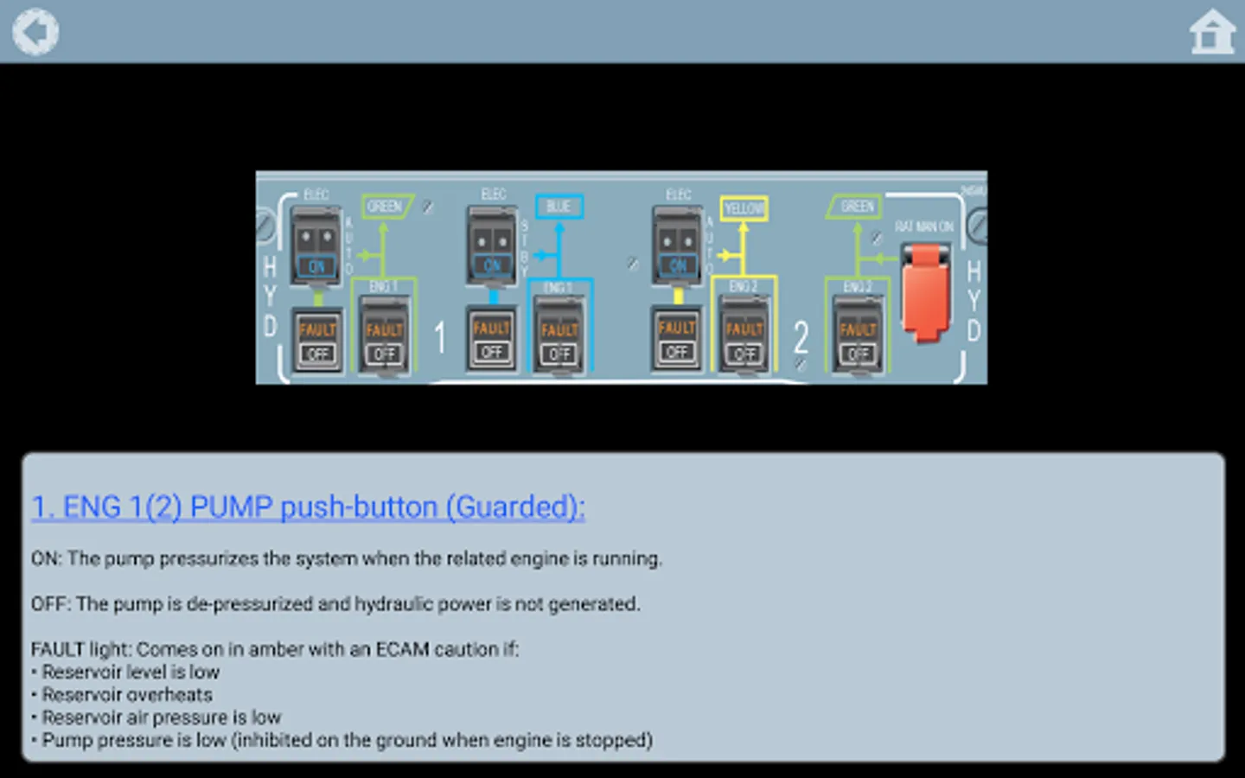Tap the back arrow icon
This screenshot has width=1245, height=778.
pyautogui.click(x=35, y=32)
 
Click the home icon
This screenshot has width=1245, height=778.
pyautogui.click(x=1212, y=33)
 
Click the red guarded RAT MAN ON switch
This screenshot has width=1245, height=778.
pyautogui.click(x=925, y=290)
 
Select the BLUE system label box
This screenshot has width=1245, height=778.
pyautogui.click(x=559, y=207)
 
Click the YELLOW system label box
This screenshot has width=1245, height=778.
pyautogui.click(x=744, y=208)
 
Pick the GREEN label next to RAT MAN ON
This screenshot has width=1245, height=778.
pyautogui.click(x=856, y=207)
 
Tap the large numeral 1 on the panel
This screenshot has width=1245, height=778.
pyautogui.click(x=440, y=337)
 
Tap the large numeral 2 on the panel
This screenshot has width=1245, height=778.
pyautogui.click(x=801, y=337)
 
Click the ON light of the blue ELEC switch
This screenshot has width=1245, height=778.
pyautogui.click(x=492, y=266)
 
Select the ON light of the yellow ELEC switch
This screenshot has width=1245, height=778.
pyautogui.click(x=678, y=266)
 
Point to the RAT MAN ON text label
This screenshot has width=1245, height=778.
pyautogui.click(x=924, y=226)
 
